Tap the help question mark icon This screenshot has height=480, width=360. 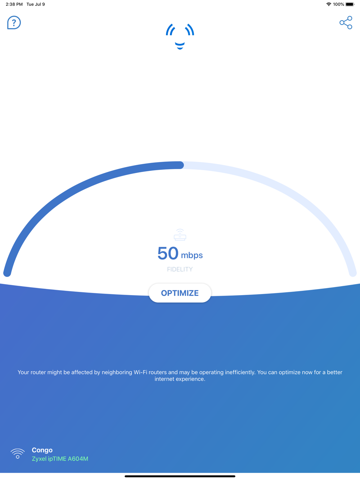pos(14,23)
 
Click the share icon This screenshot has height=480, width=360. pos(346,23)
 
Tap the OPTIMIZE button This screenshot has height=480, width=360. pos(180,293)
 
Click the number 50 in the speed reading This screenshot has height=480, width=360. pos(168,253)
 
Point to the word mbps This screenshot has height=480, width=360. pos(192,255)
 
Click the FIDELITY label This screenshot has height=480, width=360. pos(180,269)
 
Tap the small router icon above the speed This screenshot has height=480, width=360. pos(180,235)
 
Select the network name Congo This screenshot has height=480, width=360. pos(42,450)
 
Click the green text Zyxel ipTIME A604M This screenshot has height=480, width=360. pos(60,459)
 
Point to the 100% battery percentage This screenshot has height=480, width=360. pos(338,4)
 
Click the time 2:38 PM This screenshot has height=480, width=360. pos(14,4)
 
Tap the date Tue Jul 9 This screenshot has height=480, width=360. pos(36,4)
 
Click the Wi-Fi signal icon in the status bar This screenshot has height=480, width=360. pos(329,4)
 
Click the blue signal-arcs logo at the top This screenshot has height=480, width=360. pos(180,36)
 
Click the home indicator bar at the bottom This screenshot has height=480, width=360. pos(180,476)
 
